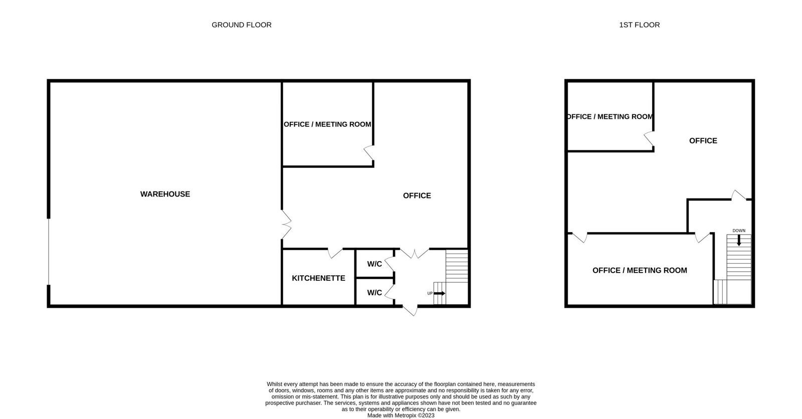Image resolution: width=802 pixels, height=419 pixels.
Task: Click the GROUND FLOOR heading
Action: point(242,25)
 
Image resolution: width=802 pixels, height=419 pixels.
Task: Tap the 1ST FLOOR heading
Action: point(640,25)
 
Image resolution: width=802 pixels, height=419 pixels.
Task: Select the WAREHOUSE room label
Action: point(165,194)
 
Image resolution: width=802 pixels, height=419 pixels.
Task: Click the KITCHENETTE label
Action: point(318,278)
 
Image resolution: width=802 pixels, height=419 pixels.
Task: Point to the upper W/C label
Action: point(374,264)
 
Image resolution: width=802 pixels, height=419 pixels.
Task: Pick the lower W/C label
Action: point(374,293)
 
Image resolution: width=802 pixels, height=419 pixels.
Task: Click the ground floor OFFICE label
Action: point(417,195)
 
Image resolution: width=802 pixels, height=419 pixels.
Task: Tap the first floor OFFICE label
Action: point(703,141)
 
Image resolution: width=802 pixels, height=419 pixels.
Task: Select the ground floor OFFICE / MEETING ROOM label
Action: point(327,124)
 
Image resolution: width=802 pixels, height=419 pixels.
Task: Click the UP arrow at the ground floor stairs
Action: point(439,293)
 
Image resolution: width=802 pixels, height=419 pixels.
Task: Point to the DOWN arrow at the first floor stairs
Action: point(739,240)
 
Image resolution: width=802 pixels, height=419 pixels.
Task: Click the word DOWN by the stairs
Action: point(739,231)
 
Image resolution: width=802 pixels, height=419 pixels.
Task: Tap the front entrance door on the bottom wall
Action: point(410,310)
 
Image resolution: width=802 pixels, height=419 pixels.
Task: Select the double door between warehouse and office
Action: point(286,225)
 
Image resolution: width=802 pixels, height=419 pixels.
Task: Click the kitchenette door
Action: point(335,253)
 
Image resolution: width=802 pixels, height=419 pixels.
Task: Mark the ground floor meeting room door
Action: point(369,153)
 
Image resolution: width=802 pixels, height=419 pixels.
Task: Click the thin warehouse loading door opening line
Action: point(48,252)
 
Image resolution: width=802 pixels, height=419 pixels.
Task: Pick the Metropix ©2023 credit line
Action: point(400,415)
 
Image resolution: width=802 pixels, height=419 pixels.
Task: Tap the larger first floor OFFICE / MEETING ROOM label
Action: point(640,270)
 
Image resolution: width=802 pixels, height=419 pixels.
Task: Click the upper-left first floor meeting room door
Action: point(649,139)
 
